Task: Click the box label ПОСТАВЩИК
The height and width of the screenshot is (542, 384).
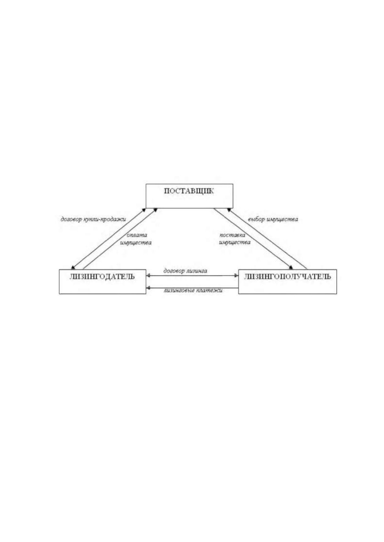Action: click(189, 191)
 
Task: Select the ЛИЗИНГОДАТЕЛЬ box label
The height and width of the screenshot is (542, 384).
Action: click(102, 276)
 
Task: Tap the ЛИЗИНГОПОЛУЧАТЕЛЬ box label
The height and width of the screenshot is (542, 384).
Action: click(287, 276)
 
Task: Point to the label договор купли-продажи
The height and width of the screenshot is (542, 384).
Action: click(93, 220)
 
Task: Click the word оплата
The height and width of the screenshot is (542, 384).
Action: click(137, 235)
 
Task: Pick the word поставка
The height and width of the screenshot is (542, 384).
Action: click(232, 235)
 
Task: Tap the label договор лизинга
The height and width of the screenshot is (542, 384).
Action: click(185, 271)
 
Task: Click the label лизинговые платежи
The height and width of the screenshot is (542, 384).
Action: click(193, 290)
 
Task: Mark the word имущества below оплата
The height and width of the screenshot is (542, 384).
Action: click(136, 243)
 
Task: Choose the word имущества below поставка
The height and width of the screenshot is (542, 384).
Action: click(235, 242)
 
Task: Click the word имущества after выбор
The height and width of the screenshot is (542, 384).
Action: click(282, 220)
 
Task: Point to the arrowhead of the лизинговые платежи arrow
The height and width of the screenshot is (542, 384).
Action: click(148, 288)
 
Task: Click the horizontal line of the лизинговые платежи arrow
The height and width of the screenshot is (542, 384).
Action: click(192, 288)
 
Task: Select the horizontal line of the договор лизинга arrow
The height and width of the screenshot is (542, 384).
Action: click(192, 276)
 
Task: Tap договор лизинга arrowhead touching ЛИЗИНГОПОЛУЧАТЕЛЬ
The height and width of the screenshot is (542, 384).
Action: click(236, 276)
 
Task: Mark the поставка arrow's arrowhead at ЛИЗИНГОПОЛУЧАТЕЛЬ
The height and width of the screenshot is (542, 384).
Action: click(291, 267)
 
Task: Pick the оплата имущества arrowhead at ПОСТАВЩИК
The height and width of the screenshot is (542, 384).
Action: click(155, 210)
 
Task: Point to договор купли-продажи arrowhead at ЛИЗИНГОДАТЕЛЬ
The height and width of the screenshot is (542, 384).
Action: click(73, 267)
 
